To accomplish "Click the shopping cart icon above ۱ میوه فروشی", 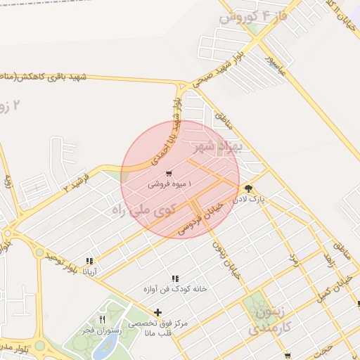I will [169, 173].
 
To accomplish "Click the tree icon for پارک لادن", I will [248, 188].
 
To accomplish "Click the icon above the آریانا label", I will [89, 260].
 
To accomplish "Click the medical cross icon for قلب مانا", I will [157, 312].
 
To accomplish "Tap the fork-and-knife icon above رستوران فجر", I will [102, 319].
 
